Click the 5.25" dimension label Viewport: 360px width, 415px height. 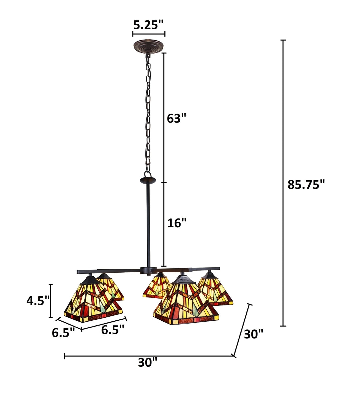tap(148, 25)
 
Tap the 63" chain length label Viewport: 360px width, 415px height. tap(176, 118)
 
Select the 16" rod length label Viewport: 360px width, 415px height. tap(177, 223)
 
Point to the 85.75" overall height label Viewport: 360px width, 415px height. tap(306, 185)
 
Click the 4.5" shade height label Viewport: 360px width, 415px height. tap(38, 301)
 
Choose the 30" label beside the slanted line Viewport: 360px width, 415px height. tap(253, 334)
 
